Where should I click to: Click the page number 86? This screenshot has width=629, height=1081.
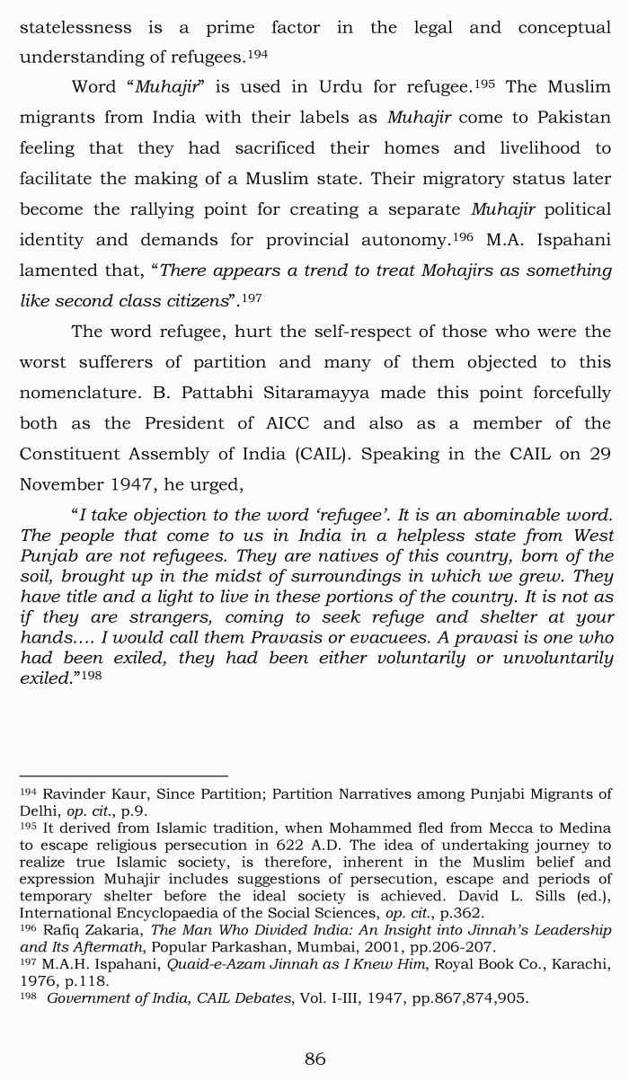(314, 1059)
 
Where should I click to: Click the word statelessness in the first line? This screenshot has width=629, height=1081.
(75, 28)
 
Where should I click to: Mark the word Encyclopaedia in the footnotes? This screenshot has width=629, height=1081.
(146, 913)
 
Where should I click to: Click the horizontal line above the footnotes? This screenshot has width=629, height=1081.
(123, 775)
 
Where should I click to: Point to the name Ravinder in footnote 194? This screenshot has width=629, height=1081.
(73, 793)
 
